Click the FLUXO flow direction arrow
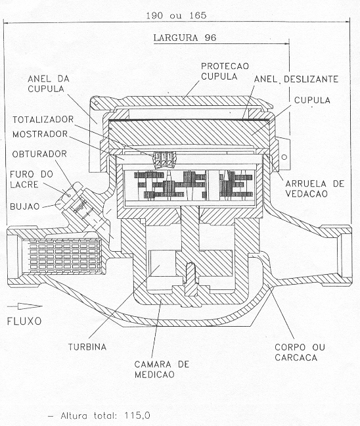coord(24,306)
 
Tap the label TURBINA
coord(87,347)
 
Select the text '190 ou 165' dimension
coord(176,15)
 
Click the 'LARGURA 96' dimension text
coord(185,37)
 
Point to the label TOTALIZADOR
coord(43,120)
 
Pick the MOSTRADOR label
coord(40,134)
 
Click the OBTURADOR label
coord(39,154)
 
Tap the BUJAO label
coord(25,206)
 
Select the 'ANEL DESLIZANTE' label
coord(296,79)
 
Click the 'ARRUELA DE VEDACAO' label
coord(315,189)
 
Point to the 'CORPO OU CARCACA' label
coord(300,352)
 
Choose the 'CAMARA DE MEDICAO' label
coord(162,369)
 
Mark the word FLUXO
coord(24,321)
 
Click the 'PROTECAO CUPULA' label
coord(225,71)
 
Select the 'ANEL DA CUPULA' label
coord(49,83)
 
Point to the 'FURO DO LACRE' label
coord(32,179)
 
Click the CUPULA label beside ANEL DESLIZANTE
coord(312,100)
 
